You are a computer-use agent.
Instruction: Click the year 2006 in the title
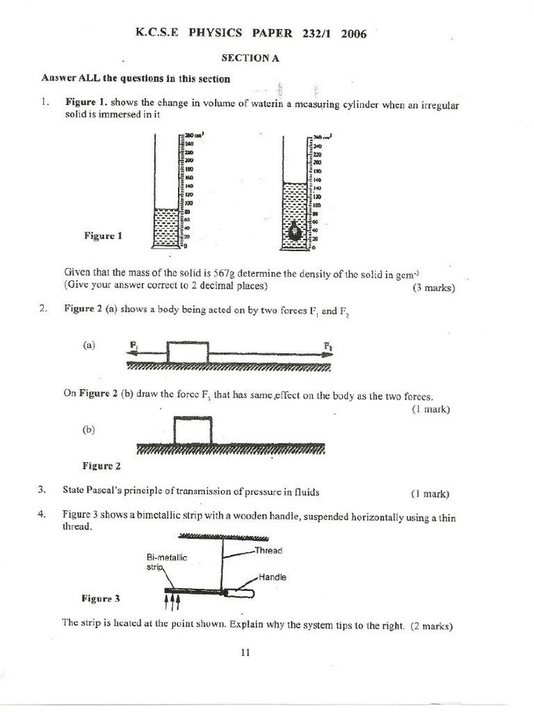click(x=354, y=34)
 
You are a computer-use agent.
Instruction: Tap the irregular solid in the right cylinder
click(x=294, y=229)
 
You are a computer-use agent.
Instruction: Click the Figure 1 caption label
click(x=103, y=236)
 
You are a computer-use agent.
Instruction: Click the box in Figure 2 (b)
click(x=193, y=430)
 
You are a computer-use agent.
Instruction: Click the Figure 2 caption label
click(x=102, y=466)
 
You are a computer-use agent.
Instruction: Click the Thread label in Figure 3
click(x=268, y=550)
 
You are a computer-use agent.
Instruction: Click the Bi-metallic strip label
click(x=166, y=562)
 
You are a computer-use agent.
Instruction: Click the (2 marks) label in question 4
click(x=432, y=626)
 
